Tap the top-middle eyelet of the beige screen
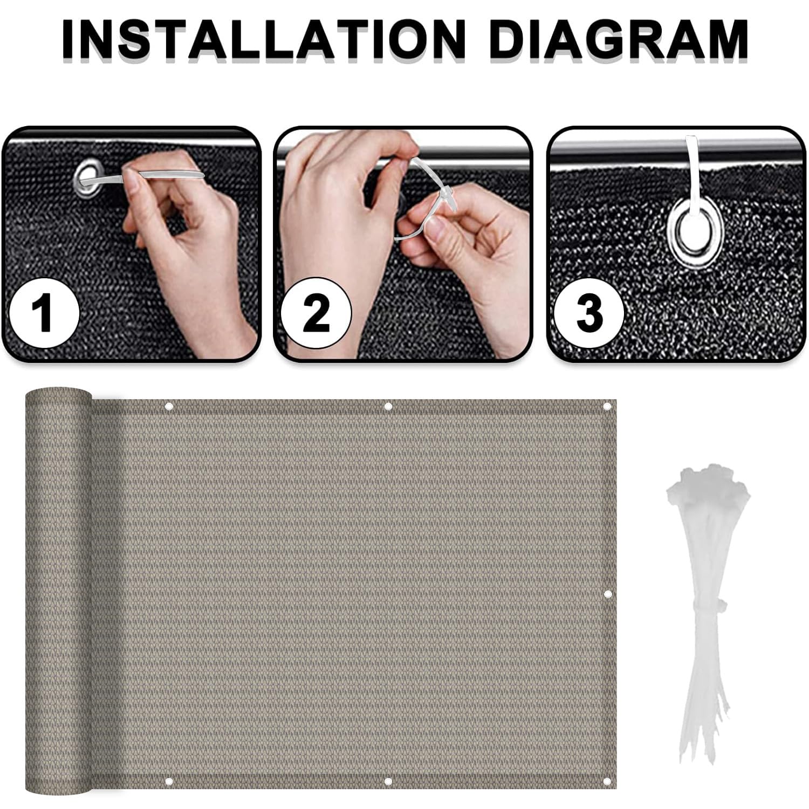388,406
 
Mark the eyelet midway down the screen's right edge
607,594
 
